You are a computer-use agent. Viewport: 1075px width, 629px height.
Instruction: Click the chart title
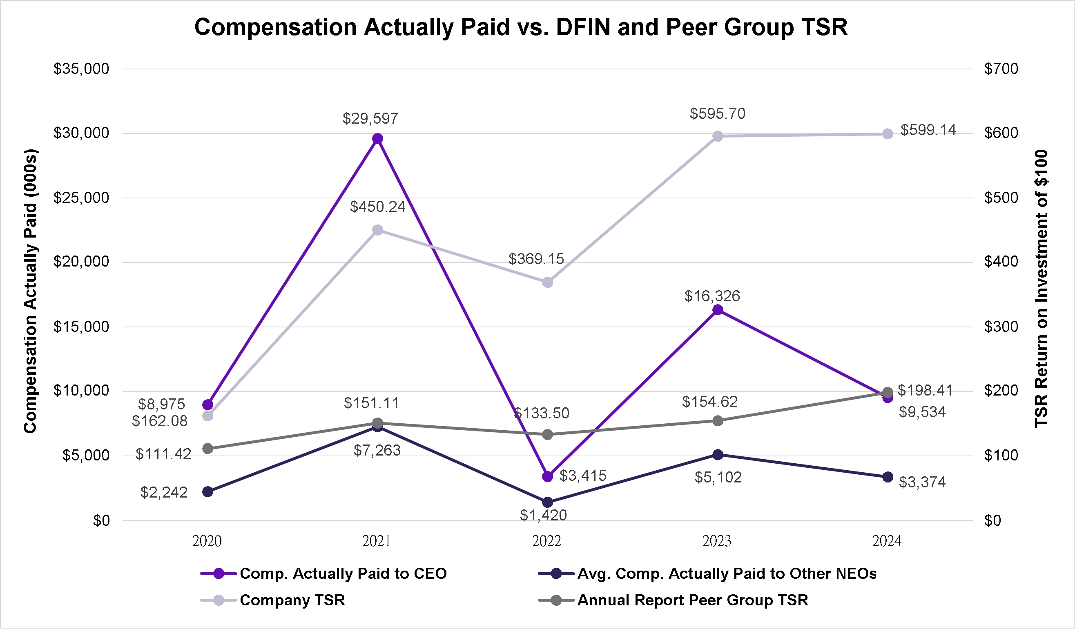[521, 27]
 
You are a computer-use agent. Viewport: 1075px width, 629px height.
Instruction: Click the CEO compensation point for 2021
[377, 139]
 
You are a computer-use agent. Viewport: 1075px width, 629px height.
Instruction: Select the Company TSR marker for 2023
[718, 136]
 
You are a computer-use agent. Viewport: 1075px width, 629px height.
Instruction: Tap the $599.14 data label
[928, 130]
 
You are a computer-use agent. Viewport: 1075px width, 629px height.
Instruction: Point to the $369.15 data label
[536, 259]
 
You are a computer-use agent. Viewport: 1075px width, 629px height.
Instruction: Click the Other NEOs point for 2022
[548, 502]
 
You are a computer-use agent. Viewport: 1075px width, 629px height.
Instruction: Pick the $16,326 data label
[712, 296]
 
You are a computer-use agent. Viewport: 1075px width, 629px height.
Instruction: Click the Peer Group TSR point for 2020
[208, 449]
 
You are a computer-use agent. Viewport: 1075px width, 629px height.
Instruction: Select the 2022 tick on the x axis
[546, 542]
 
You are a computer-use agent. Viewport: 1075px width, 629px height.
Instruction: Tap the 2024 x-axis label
[887, 542]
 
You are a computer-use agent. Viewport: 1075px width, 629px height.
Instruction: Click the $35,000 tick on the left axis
[81, 69]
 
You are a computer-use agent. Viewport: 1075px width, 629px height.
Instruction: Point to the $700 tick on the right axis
[1001, 69]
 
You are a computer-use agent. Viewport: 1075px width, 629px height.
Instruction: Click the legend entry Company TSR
[292, 600]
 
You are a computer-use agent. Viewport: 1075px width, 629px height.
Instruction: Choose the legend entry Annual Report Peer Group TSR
[692, 600]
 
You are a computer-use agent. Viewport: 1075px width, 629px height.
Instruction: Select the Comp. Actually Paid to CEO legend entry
[343, 574]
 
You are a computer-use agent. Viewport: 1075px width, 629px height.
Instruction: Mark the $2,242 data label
[164, 493]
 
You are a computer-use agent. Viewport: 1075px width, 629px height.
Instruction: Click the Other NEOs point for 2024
[888, 477]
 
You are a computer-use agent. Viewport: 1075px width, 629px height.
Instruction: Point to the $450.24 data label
[377, 207]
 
